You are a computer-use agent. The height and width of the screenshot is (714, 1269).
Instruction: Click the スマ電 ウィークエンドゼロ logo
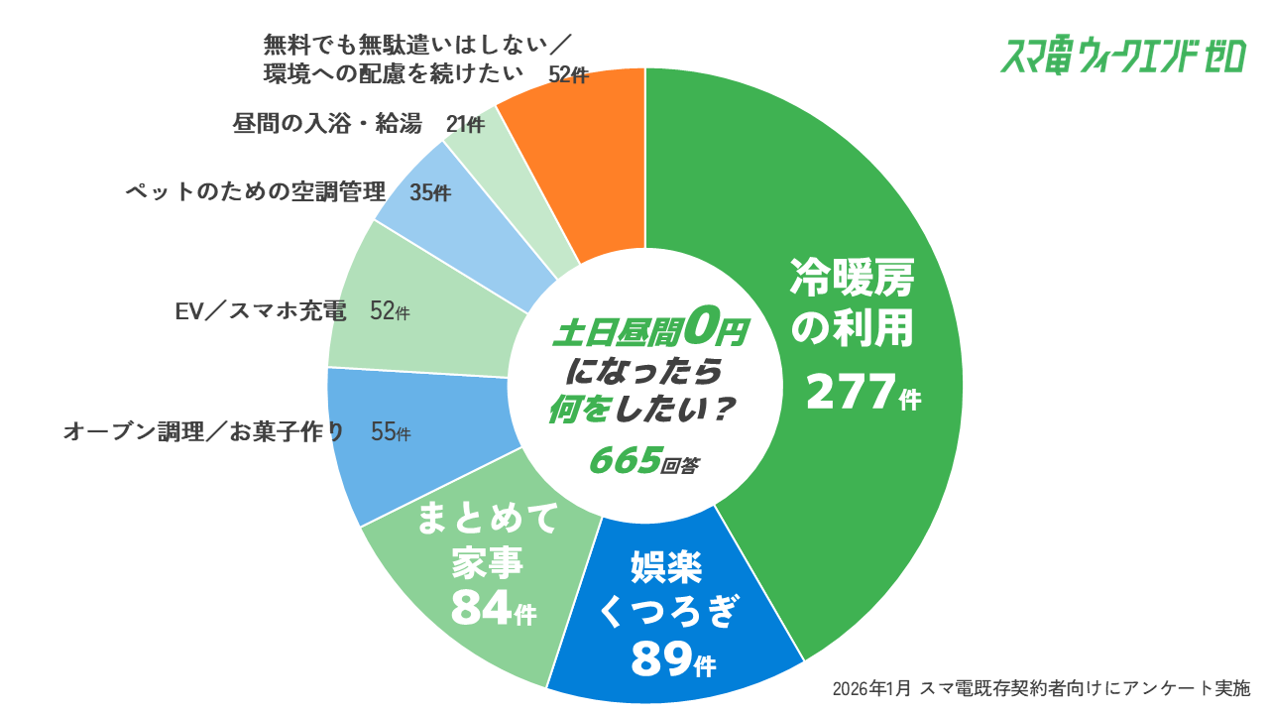point(1122,58)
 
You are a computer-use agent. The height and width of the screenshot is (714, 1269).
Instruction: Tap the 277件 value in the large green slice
point(863,394)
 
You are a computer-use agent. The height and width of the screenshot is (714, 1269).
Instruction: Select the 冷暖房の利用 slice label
point(851,302)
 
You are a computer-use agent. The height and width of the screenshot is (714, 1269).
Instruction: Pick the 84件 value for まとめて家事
point(493,609)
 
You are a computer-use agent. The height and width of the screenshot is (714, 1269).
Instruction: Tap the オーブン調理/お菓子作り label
point(204,432)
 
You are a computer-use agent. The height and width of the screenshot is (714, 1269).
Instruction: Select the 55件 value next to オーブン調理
point(390,432)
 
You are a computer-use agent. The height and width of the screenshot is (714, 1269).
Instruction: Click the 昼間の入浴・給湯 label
point(327,124)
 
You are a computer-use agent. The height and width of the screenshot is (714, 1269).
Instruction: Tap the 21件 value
point(465,125)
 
